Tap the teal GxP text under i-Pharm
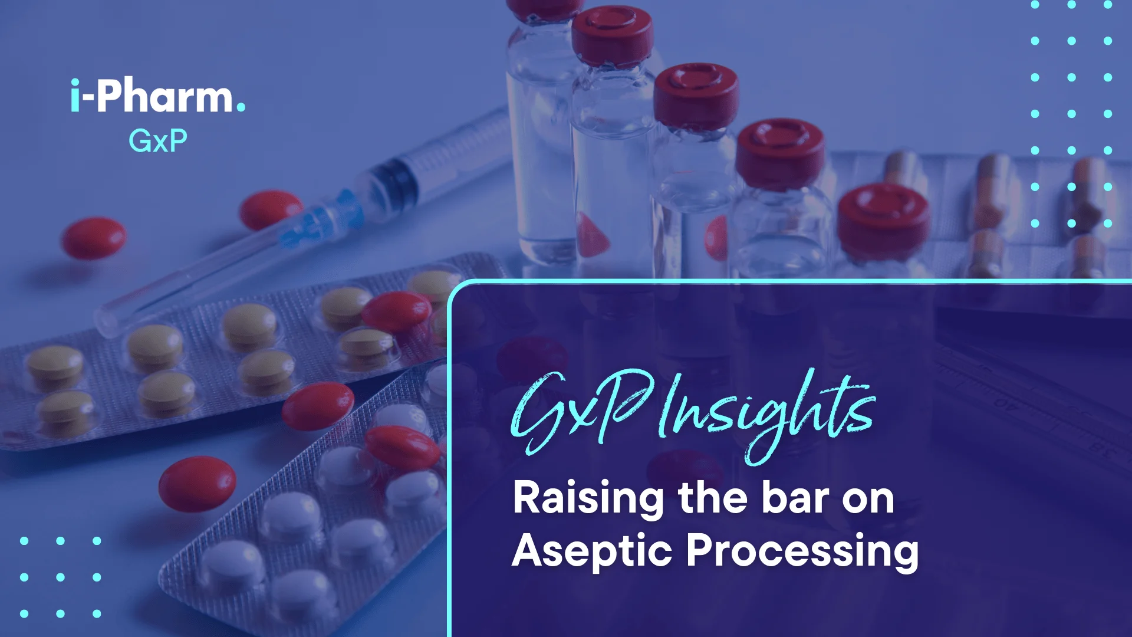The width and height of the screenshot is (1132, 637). click(158, 141)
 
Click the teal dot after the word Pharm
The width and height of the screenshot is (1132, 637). click(241, 107)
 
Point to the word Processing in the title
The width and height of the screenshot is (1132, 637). click(802, 552)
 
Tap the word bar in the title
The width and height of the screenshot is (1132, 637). click(795, 498)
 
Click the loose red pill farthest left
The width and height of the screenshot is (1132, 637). click(94, 238)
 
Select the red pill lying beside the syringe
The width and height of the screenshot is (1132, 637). click(270, 210)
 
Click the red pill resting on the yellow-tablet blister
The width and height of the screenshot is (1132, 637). click(396, 311)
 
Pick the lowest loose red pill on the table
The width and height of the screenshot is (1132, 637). click(197, 484)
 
